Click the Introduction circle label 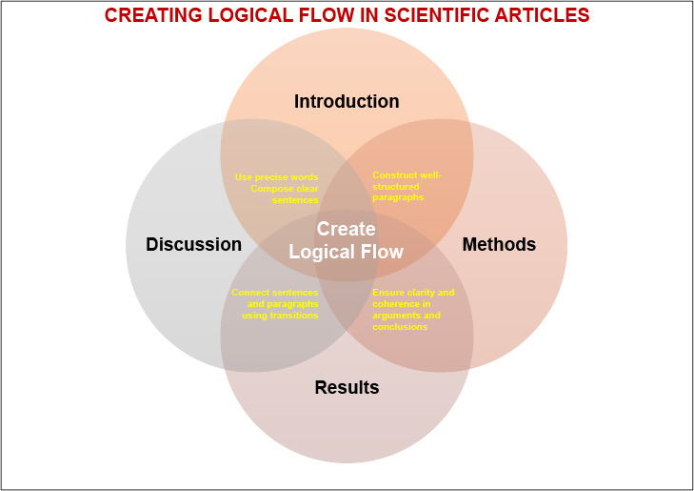click(x=347, y=101)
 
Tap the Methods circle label click(x=499, y=244)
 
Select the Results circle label click(x=347, y=387)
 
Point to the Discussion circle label click(x=194, y=244)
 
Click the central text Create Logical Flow click(x=347, y=240)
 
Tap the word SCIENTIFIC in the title click(x=431, y=15)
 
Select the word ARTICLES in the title click(x=540, y=15)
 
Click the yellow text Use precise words click(x=276, y=176)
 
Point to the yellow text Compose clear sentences click(x=285, y=194)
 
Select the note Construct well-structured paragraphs click(x=406, y=186)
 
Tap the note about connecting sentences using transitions click(x=275, y=303)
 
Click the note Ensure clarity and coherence click(x=413, y=309)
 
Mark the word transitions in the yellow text click(x=293, y=316)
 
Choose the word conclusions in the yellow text click(x=400, y=327)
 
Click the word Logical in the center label click(x=322, y=252)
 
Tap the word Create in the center click(x=347, y=229)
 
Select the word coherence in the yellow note click(x=400, y=304)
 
